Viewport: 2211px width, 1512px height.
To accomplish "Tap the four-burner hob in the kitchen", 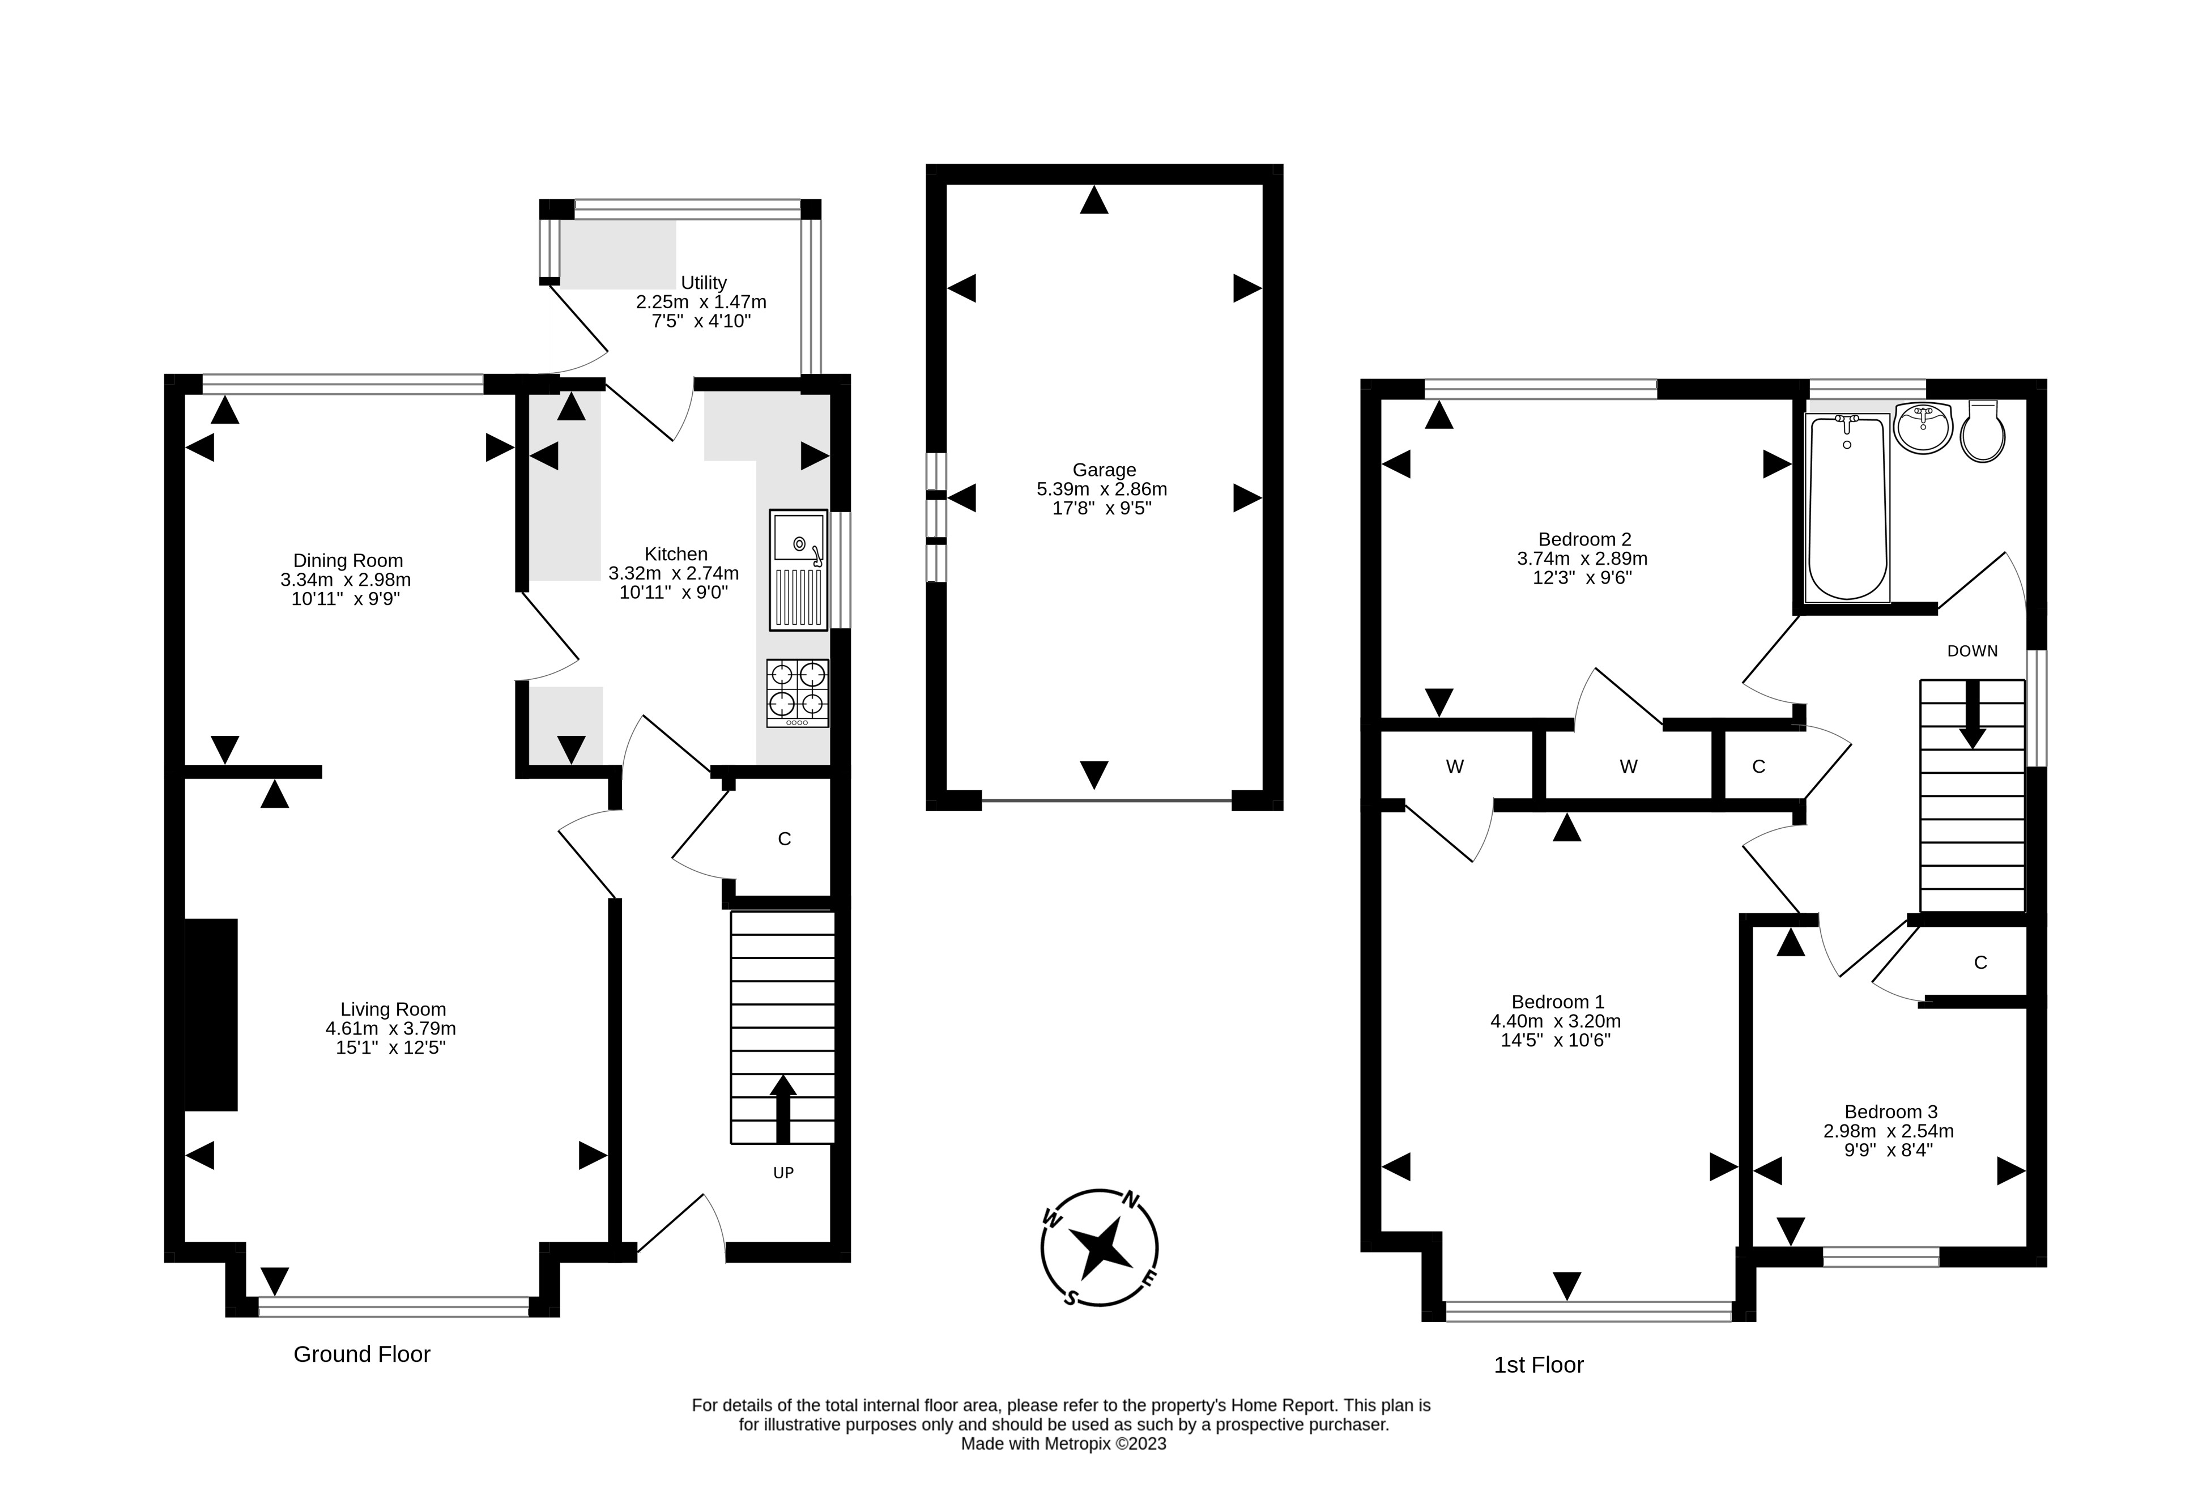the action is point(797,693).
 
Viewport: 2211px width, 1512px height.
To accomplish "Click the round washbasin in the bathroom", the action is point(1923,427).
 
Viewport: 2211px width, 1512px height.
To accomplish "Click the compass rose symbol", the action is point(1100,1247).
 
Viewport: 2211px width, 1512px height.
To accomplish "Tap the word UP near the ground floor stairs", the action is point(783,1173).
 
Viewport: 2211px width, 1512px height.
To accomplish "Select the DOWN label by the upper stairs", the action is point(1972,651).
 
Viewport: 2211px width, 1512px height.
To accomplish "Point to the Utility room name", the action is point(704,283).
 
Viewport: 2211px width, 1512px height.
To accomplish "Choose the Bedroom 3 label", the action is point(1890,1111).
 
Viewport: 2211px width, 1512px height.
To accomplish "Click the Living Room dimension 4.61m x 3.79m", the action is point(391,1028).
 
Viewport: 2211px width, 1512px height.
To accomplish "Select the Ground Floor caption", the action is point(361,1354).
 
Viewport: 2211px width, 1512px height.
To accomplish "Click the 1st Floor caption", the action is point(1539,1365).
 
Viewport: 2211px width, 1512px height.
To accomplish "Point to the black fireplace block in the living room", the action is point(210,1015).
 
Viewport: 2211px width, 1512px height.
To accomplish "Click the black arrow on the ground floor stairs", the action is point(783,1109).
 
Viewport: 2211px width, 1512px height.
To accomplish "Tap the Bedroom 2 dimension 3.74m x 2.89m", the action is point(1582,559).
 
